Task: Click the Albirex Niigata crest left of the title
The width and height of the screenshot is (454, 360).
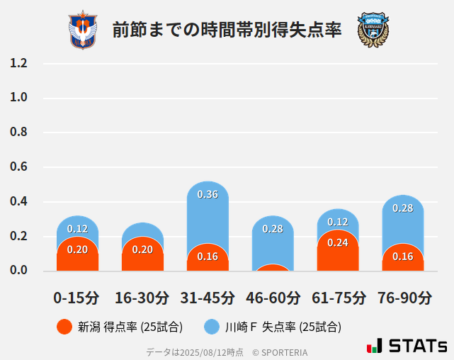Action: click(83, 30)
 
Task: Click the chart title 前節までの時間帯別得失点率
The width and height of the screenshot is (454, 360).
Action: click(227, 30)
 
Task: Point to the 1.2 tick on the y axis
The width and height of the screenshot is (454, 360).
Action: click(18, 63)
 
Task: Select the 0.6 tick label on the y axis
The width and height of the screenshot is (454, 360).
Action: click(18, 167)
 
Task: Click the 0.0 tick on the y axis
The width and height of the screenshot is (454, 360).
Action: click(18, 271)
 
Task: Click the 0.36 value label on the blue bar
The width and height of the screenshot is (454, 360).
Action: click(208, 194)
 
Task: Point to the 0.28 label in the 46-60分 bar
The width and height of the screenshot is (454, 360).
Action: click(273, 229)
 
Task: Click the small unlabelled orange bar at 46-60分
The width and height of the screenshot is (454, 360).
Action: click(273, 268)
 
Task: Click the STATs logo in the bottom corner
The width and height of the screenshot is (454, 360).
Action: click(407, 346)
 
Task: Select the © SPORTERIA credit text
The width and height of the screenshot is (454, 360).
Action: click(280, 351)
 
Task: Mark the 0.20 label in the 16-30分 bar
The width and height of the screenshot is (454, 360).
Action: click(142, 249)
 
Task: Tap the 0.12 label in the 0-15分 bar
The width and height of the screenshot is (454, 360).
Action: click(77, 229)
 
